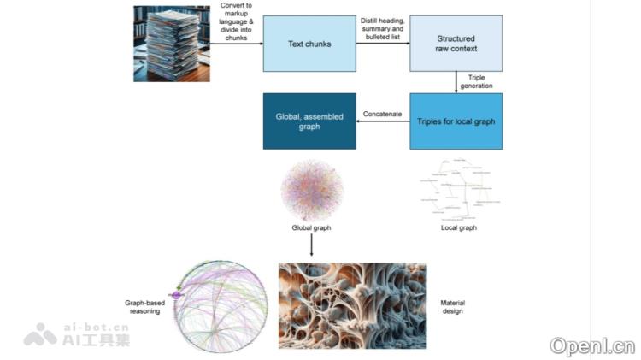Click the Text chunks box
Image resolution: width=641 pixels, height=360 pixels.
point(309,44)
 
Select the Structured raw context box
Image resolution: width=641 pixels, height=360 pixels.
point(456,44)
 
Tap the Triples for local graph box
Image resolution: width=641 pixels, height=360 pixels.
point(456,121)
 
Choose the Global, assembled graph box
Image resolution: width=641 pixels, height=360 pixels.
point(309,121)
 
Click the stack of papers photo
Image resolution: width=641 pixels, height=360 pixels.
point(171,44)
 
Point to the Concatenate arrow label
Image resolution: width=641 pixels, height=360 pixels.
point(383,113)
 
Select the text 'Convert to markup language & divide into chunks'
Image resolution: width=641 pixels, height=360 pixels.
point(236,21)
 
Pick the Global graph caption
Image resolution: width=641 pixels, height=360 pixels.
point(311,228)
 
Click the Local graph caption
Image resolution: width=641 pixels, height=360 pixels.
point(458,228)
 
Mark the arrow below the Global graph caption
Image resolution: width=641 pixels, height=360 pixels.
point(311,245)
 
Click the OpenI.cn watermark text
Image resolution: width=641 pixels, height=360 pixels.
point(592,345)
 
